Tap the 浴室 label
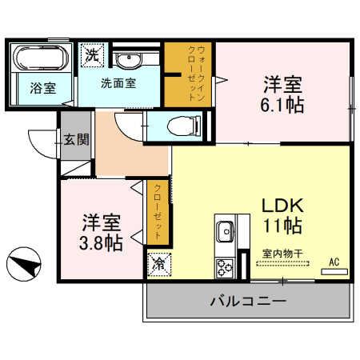pyautogui.click(x=43, y=88)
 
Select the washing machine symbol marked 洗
pyautogui.click(x=93, y=58)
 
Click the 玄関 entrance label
pyautogui.click(x=77, y=140)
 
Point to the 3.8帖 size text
pyautogui.click(x=102, y=244)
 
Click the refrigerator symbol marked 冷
pyautogui.click(x=157, y=263)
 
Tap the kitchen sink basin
pyautogui.click(x=223, y=231)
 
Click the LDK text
pyautogui.click(x=282, y=203)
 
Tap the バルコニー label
pyautogui.click(x=248, y=302)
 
